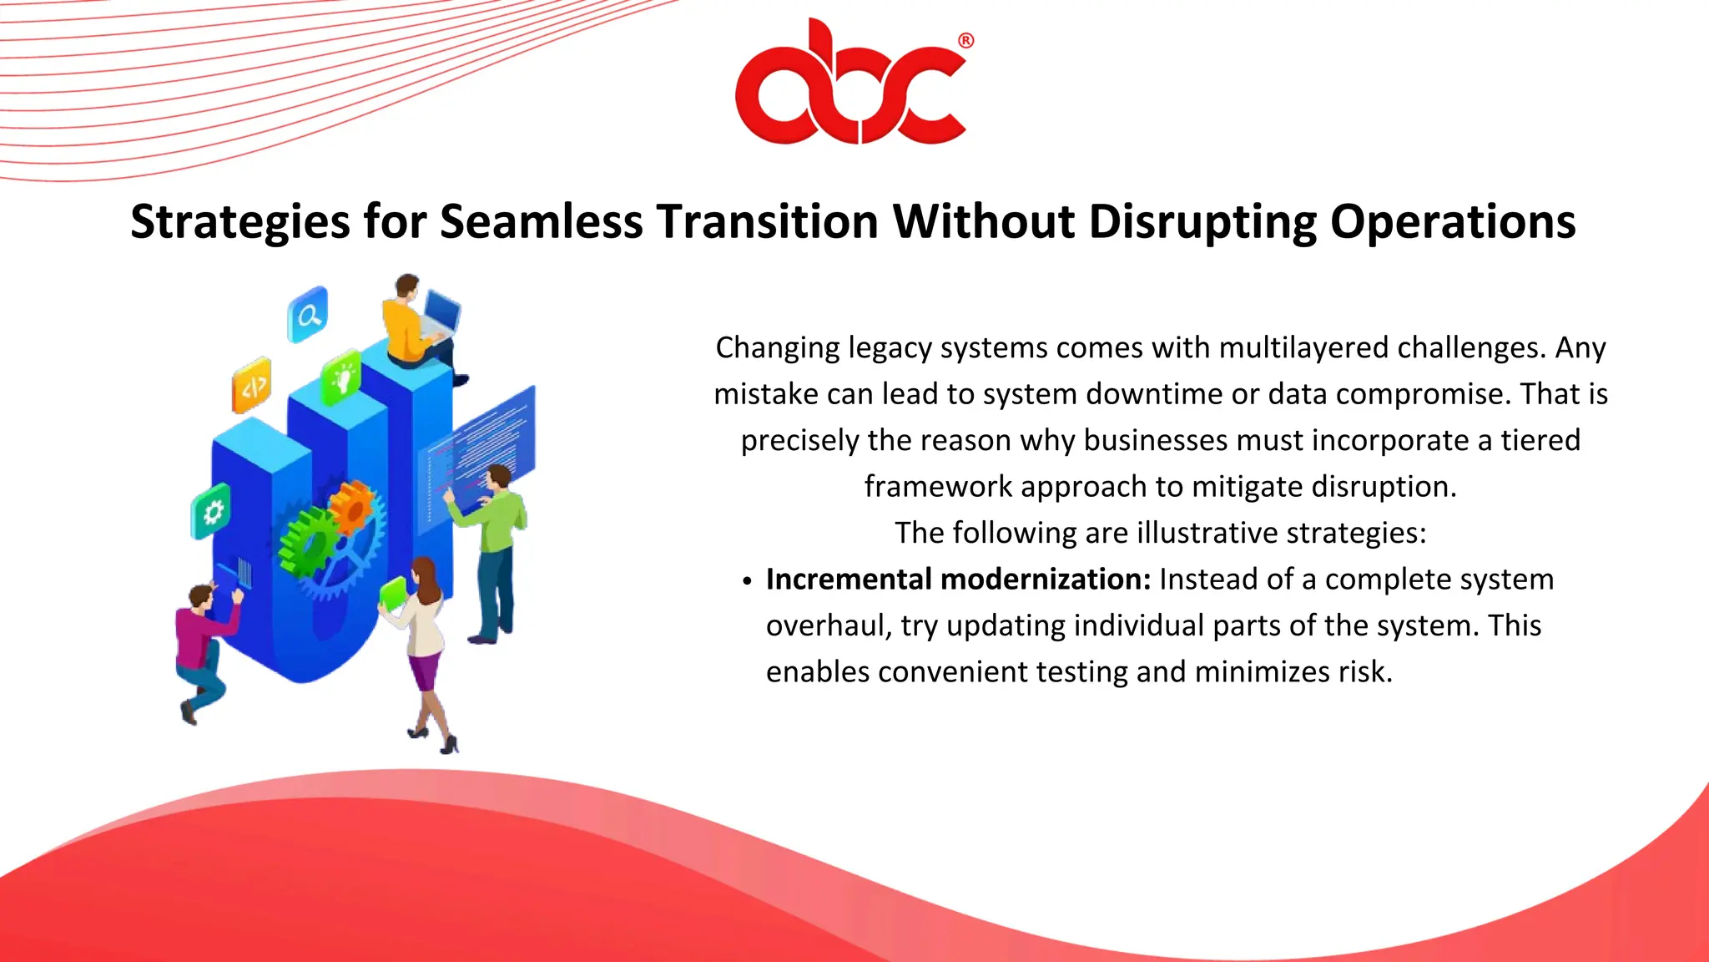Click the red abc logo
tap(849, 88)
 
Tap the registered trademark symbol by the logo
tap(965, 41)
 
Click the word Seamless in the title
tap(541, 222)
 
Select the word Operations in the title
tap(1452, 222)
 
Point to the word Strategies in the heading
tap(240, 222)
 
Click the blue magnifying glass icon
tap(308, 315)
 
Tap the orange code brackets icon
tap(252, 386)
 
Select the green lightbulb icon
tap(342, 377)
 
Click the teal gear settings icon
tap(211, 511)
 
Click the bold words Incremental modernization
tap(958, 580)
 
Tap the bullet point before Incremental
tap(747, 581)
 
